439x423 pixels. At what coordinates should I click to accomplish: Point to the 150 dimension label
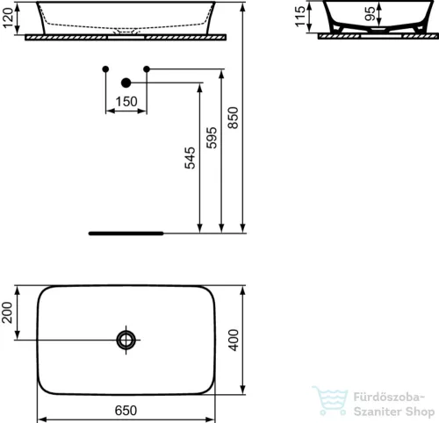point(126,102)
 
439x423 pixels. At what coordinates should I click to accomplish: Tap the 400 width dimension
point(234,339)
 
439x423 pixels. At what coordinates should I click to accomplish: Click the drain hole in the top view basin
point(127,340)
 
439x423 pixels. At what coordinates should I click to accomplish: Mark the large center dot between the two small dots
point(126,82)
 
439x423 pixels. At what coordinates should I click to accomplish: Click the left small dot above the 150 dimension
point(104,68)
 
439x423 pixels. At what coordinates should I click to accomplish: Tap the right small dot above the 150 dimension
point(147,68)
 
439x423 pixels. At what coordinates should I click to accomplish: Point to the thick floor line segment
point(126,234)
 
